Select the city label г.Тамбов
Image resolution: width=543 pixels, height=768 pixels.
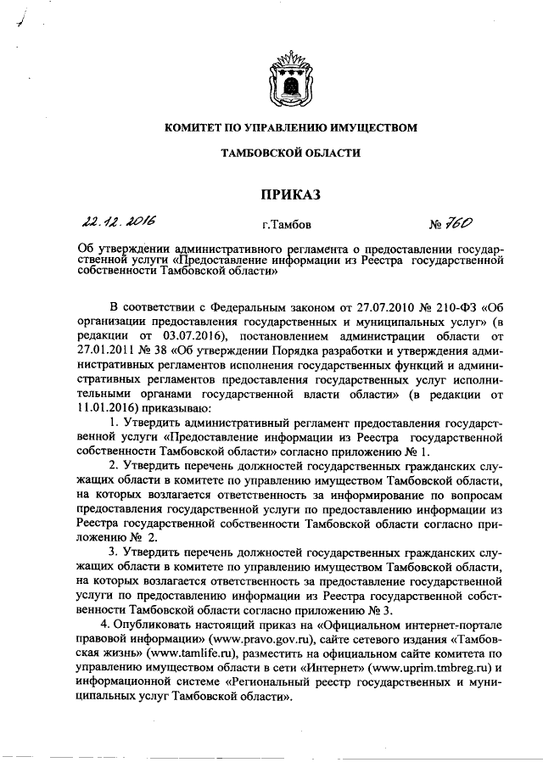click(287, 227)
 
